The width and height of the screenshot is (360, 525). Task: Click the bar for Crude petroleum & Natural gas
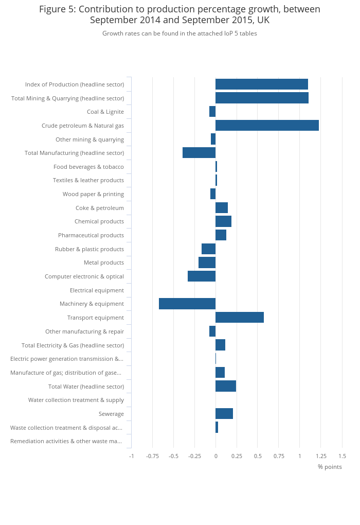(x=267, y=126)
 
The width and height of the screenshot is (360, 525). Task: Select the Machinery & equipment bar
(x=187, y=304)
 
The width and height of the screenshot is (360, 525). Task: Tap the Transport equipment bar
(x=240, y=318)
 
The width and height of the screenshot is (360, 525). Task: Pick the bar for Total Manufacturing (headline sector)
(x=199, y=153)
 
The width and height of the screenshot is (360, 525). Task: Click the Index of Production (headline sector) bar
(x=262, y=84)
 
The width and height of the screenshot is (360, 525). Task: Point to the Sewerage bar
(x=224, y=414)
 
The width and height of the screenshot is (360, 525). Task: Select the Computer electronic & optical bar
(x=202, y=276)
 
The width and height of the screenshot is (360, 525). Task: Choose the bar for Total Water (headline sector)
(x=226, y=386)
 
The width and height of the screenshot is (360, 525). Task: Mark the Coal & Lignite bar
(x=212, y=112)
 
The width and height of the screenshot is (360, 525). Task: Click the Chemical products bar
(x=223, y=221)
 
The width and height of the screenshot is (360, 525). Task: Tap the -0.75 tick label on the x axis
(x=152, y=456)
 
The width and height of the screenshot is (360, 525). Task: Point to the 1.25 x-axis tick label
(x=321, y=456)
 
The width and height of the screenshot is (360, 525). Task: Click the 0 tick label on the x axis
(x=215, y=456)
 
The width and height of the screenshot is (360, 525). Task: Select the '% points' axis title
(x=330, y=467)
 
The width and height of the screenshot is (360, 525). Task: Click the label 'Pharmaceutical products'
(x=91, y=235)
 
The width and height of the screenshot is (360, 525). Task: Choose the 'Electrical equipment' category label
(x=97, y=290)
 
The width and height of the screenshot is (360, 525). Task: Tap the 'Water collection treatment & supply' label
(x=76, y=400)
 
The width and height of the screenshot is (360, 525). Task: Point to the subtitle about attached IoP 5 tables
(x=179, y=33)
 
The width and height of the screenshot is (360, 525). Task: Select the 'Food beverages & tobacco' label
(x=88, y=167)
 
